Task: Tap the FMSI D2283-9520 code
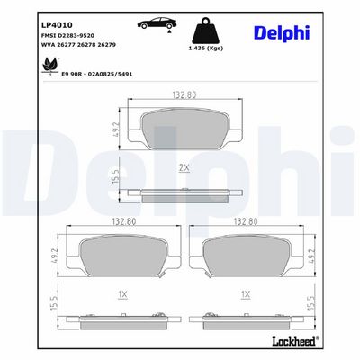(67, 36)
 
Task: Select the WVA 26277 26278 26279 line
(78, 45)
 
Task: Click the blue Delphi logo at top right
(282, 33)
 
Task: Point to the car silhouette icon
(157, 23)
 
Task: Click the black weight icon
(206, 31)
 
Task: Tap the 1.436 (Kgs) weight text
(206, 49)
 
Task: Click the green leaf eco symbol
(49, 66)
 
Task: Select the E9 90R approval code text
(96, 74)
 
